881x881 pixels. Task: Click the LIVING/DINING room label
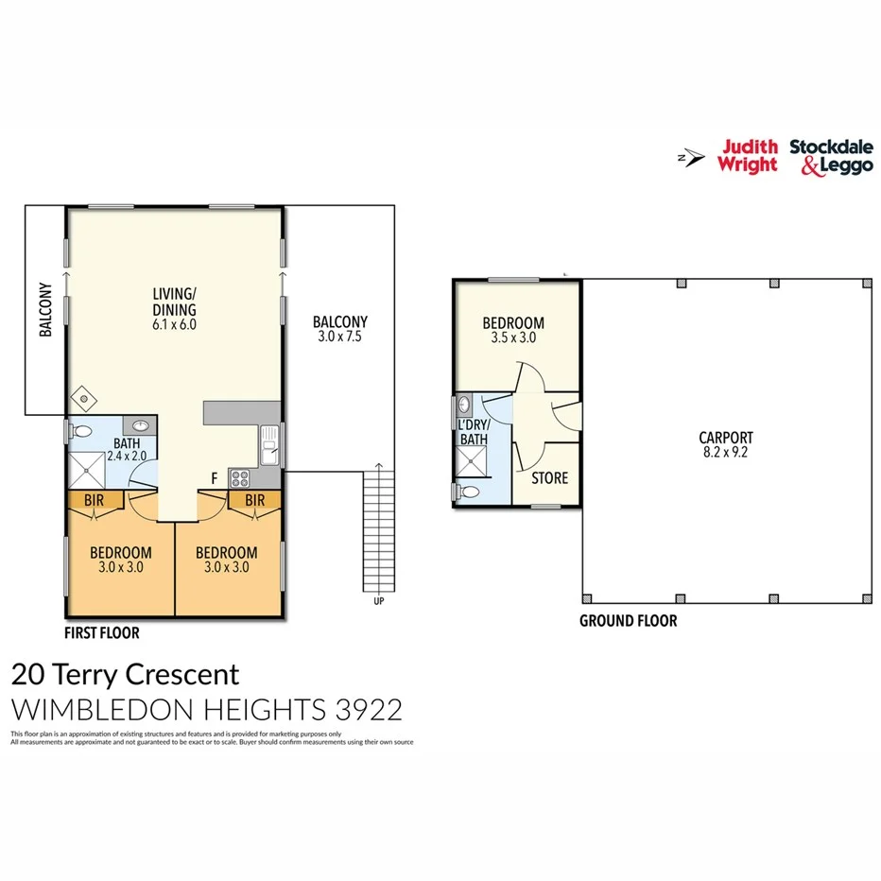click(x=174, y=301)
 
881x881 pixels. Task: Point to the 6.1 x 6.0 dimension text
click(x=174, y=324)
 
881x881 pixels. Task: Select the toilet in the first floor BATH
click(x=81, y=432)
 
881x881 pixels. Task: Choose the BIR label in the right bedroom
click(x=253, y=499)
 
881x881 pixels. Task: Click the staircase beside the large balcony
click(x=378, y=529)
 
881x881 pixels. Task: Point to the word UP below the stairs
click(x=378, y=602)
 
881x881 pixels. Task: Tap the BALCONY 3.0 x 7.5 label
click(x=340, y=329)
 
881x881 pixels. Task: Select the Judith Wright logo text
click(x=749, y=156)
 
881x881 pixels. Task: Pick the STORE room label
click(x=549, y=478)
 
